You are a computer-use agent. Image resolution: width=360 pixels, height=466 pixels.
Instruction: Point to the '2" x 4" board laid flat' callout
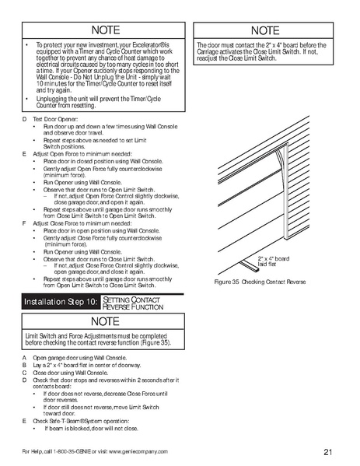pyautogui.click(x=273, y=261)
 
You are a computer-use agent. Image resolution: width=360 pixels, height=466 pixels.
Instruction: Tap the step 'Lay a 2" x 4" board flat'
pyautogui.click(x=85, y=364)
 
